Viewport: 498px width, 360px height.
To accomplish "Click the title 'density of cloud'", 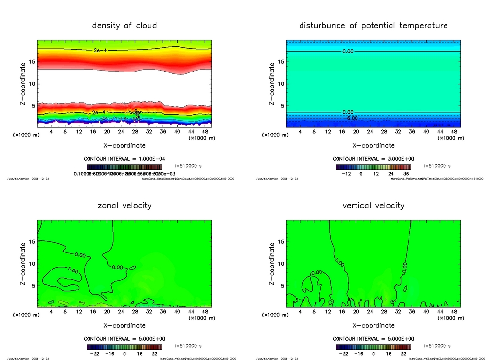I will [x=124, y=25].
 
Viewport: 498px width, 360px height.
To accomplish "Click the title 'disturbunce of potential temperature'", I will [x=373, y=25].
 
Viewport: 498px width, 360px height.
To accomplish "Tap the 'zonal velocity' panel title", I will [x=124, y=205].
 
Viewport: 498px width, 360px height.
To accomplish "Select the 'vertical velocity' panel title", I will [x=373, y=205].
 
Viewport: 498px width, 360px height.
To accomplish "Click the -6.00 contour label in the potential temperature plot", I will [x=351, y=118].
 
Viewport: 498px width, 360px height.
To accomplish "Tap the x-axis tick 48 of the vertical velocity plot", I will [x=453, y=312].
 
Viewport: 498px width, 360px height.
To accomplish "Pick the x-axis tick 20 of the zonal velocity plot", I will [x=107, y=312].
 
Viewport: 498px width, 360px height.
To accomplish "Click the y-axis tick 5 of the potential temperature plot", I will [x=281, y=106].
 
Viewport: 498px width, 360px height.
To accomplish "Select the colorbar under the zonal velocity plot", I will [x=124, y=347].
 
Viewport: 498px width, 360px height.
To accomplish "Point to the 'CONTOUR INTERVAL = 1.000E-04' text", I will [x=124, y=159].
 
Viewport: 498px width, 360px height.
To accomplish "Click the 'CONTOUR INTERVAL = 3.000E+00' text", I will [x=373, y=159].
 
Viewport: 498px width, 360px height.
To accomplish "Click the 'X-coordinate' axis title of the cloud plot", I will [x=124, y=145].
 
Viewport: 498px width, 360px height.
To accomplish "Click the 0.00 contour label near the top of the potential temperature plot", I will [x=348, y=51].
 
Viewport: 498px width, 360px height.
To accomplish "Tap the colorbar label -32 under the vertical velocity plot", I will [x=342, y=354].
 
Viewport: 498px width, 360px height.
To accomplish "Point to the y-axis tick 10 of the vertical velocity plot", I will [x=279, y=264].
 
